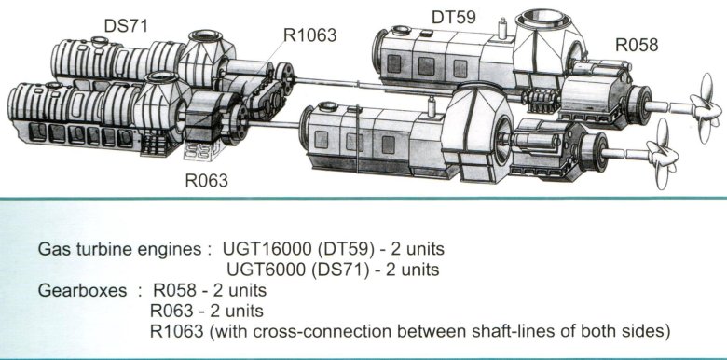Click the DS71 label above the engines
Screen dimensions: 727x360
(x=125, y=25)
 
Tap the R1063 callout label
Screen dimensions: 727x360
(x=310, y=35)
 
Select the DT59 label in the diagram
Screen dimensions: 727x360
(x=454, y=17)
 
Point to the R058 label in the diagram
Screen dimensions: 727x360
(x=637, y=45)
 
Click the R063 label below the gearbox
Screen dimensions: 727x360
(x=207, y=180)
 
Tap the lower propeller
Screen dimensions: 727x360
(x=663, y=154)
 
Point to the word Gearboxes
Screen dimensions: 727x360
(x=82, y=290)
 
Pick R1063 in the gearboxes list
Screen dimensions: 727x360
(x=177, y=331)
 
